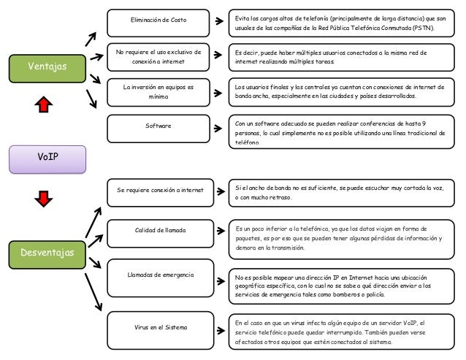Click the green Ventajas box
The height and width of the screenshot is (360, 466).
47,69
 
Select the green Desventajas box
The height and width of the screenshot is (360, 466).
47,255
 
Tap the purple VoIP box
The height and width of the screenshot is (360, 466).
47,159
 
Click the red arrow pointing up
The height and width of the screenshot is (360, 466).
44,104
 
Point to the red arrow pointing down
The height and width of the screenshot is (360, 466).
44,199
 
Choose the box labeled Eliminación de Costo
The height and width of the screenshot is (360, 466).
158,23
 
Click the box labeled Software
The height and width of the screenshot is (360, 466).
158,129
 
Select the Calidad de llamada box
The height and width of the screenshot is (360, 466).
160,234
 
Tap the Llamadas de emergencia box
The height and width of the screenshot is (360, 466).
160,277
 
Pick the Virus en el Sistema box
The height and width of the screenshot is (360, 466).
160,330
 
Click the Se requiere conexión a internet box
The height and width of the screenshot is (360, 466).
160,193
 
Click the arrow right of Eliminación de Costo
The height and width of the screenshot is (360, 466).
219,20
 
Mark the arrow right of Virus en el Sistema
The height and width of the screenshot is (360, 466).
221,330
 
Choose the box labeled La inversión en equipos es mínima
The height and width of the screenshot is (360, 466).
158,93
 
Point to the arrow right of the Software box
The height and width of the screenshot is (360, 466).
218,129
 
